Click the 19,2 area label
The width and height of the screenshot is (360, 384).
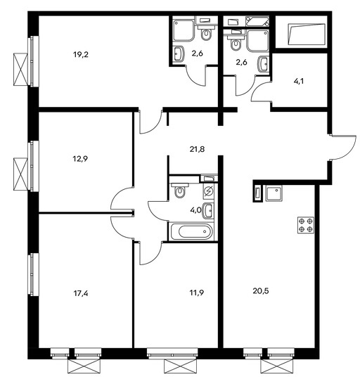81,54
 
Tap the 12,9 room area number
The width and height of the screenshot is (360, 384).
80,159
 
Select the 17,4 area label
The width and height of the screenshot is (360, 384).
81,293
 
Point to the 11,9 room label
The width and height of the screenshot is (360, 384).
197,293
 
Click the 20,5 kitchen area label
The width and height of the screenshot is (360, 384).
261,291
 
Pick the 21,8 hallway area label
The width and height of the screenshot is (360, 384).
197,149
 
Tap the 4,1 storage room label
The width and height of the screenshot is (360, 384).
299,81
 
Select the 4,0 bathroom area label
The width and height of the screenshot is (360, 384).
195,210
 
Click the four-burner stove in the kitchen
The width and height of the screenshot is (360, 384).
306,225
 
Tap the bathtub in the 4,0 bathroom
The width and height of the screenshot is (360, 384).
192,231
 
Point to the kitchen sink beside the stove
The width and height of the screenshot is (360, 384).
274,193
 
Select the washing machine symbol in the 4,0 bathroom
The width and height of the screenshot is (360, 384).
208,191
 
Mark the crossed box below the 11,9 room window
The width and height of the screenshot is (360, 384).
180,366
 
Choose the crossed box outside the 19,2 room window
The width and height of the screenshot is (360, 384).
20,69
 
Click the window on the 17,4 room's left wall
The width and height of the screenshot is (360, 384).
33,274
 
